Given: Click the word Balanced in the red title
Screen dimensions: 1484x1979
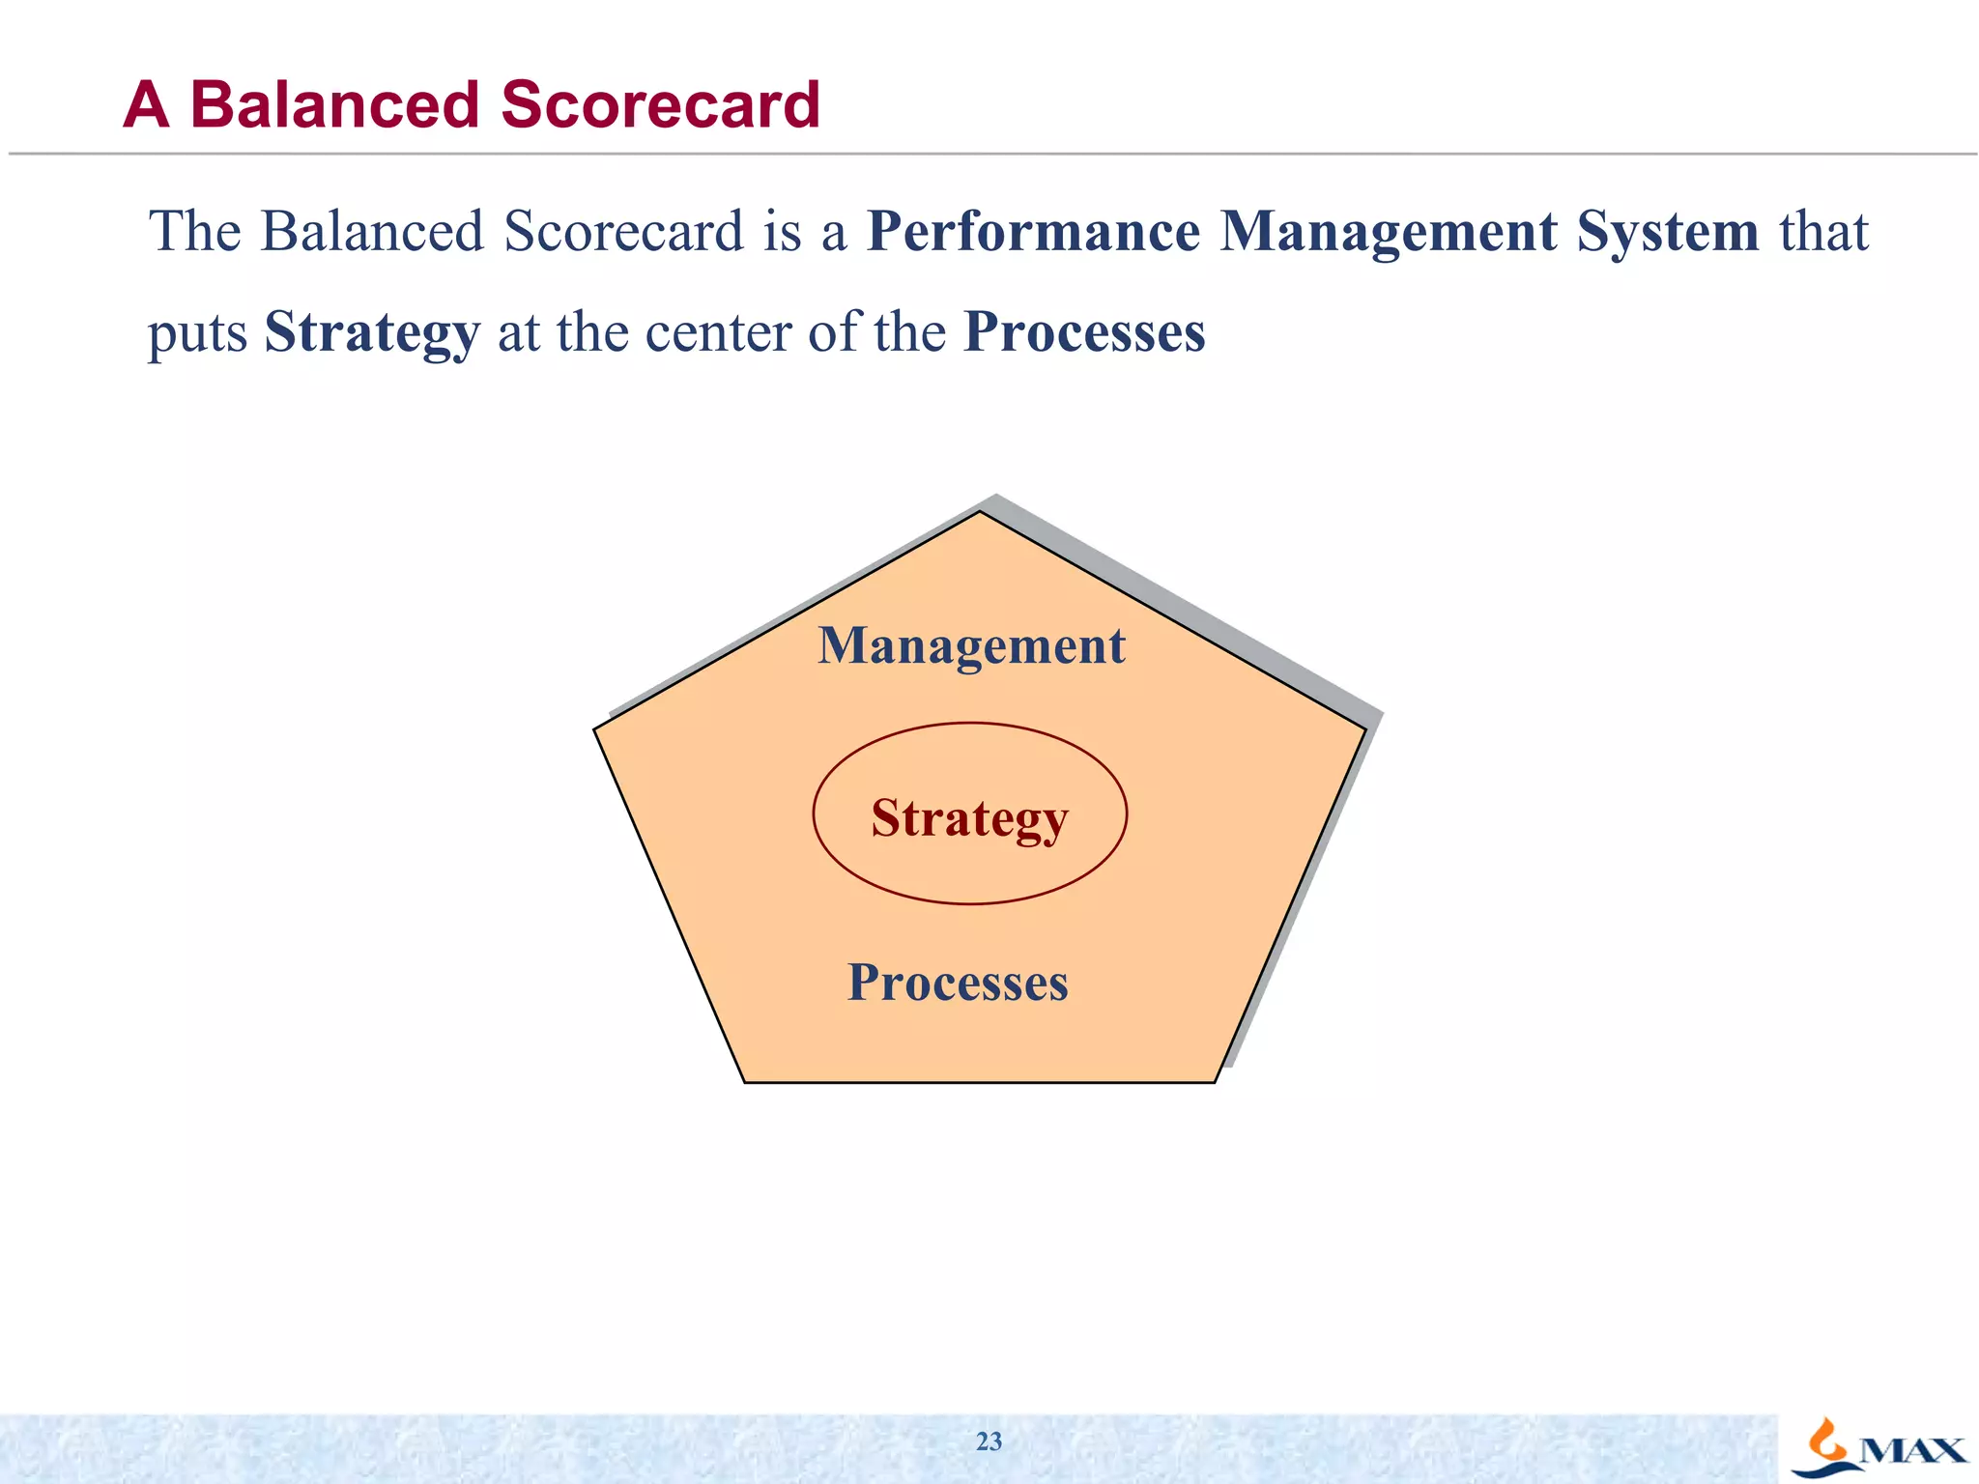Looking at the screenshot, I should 334,104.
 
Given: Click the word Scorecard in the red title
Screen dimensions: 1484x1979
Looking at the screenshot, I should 660,104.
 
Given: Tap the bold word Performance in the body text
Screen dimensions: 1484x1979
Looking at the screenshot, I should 1033,232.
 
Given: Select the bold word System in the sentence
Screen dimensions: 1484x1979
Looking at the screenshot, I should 1667,232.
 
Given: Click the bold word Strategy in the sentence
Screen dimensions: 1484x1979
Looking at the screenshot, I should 372,333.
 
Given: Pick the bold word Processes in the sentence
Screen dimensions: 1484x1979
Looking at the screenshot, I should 1084,332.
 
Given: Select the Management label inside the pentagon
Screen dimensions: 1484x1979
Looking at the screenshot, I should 971,646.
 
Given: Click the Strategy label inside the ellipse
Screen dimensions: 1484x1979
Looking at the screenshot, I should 969,818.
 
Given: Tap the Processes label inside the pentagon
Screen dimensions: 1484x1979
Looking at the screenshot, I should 958,983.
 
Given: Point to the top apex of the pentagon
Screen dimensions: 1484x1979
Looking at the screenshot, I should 980,512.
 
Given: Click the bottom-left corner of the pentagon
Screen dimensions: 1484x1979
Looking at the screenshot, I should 745,1081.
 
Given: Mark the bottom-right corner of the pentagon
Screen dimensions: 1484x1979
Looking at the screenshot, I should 1214,1081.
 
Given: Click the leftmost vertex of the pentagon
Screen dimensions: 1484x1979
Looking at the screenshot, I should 595,730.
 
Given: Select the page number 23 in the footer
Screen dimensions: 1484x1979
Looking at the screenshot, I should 989,1441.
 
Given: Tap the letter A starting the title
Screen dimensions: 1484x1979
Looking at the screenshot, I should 147,104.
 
